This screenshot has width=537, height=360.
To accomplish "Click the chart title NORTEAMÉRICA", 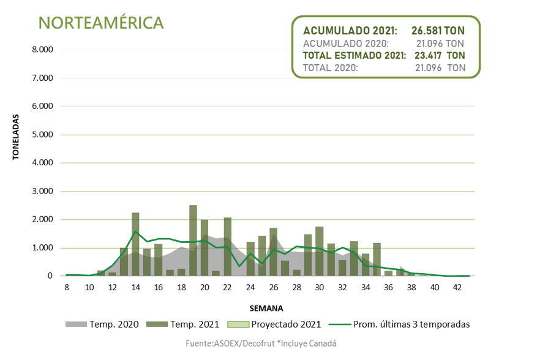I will pos(101,23).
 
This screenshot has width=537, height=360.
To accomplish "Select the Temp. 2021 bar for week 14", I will pos(135,245).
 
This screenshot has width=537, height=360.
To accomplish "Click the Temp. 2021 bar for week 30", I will pos(320,252).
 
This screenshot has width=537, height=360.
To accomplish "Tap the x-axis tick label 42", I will pos(458,287).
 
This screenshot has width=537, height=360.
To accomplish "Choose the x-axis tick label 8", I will pos(66,287).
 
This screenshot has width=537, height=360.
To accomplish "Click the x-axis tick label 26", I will pos(274,287).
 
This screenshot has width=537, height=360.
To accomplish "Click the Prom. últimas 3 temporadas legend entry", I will pos(399,324).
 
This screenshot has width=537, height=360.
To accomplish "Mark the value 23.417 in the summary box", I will pos(429,55).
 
